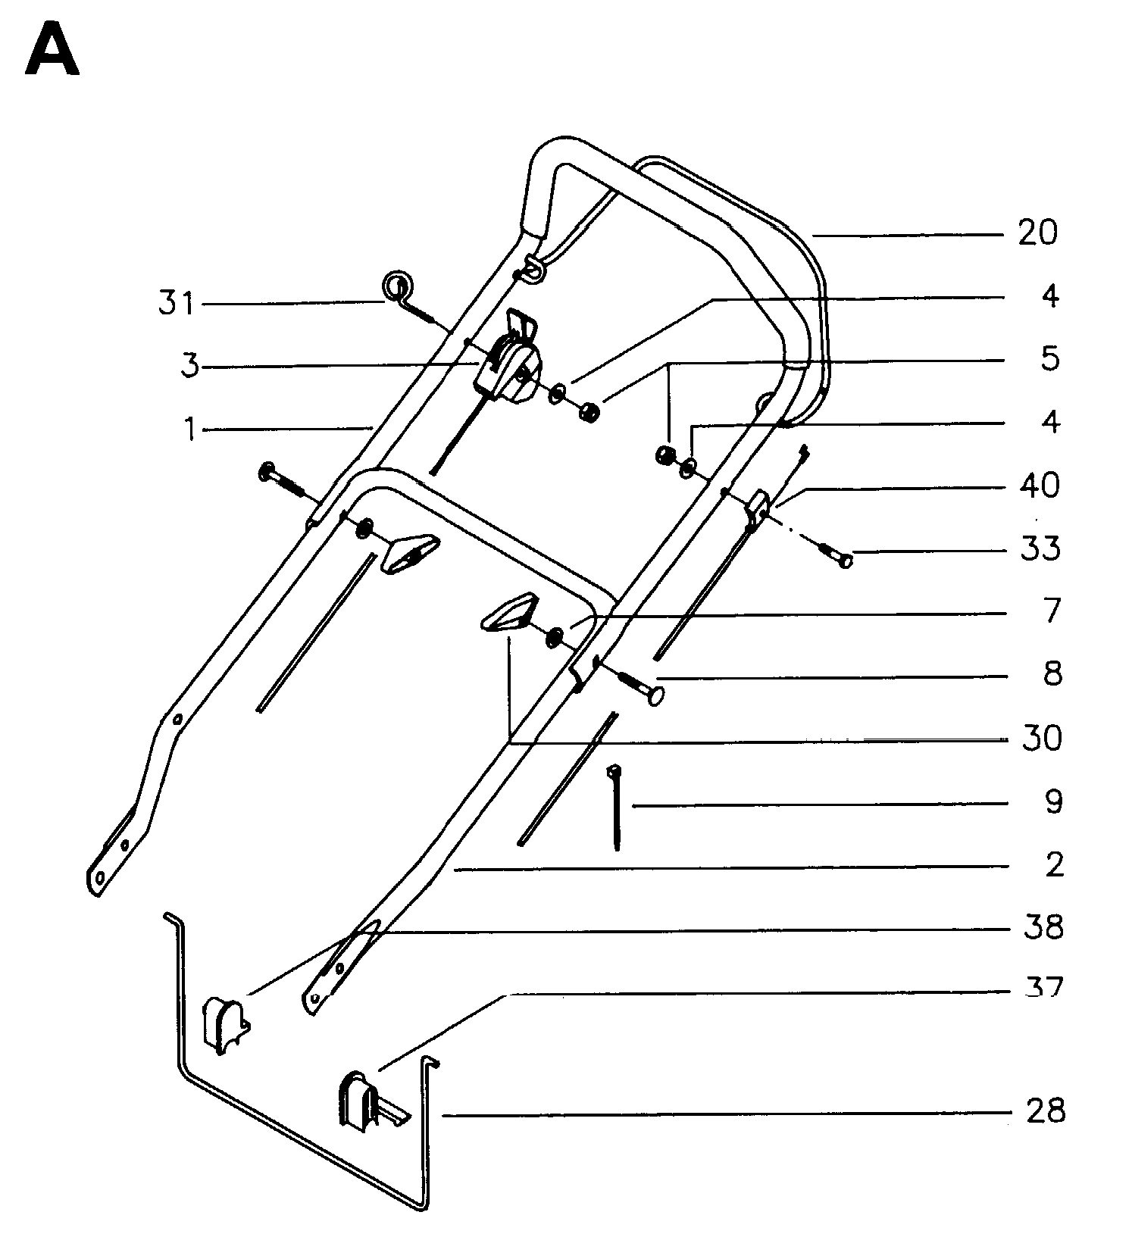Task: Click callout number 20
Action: pos(1037,233)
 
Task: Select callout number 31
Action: pos(176,304)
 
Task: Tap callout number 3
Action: pos(189,367)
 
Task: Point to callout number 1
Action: pos(189,430)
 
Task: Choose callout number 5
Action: pos(1049,358)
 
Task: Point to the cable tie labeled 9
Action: pos(615,808)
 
